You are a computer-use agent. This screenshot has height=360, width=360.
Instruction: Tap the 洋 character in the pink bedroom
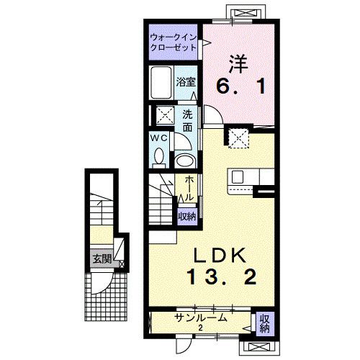pyautogui.click(x=240, y=63)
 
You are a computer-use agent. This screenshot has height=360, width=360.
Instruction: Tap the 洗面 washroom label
pyautogui.click(x=186, y=120)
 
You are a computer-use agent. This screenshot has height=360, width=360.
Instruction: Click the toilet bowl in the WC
pyautogui.click(x=161, y=156)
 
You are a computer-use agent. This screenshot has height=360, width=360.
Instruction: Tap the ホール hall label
pyautogui.click(x=189, y=188)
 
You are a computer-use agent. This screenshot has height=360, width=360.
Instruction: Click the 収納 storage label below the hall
pyautogui.click(x=186, y=215)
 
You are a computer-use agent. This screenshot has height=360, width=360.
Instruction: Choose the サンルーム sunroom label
pyautogui.click(x=201, y=318)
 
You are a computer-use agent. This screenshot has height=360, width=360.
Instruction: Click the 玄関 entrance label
pyautogui.click(x=100, y=259)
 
